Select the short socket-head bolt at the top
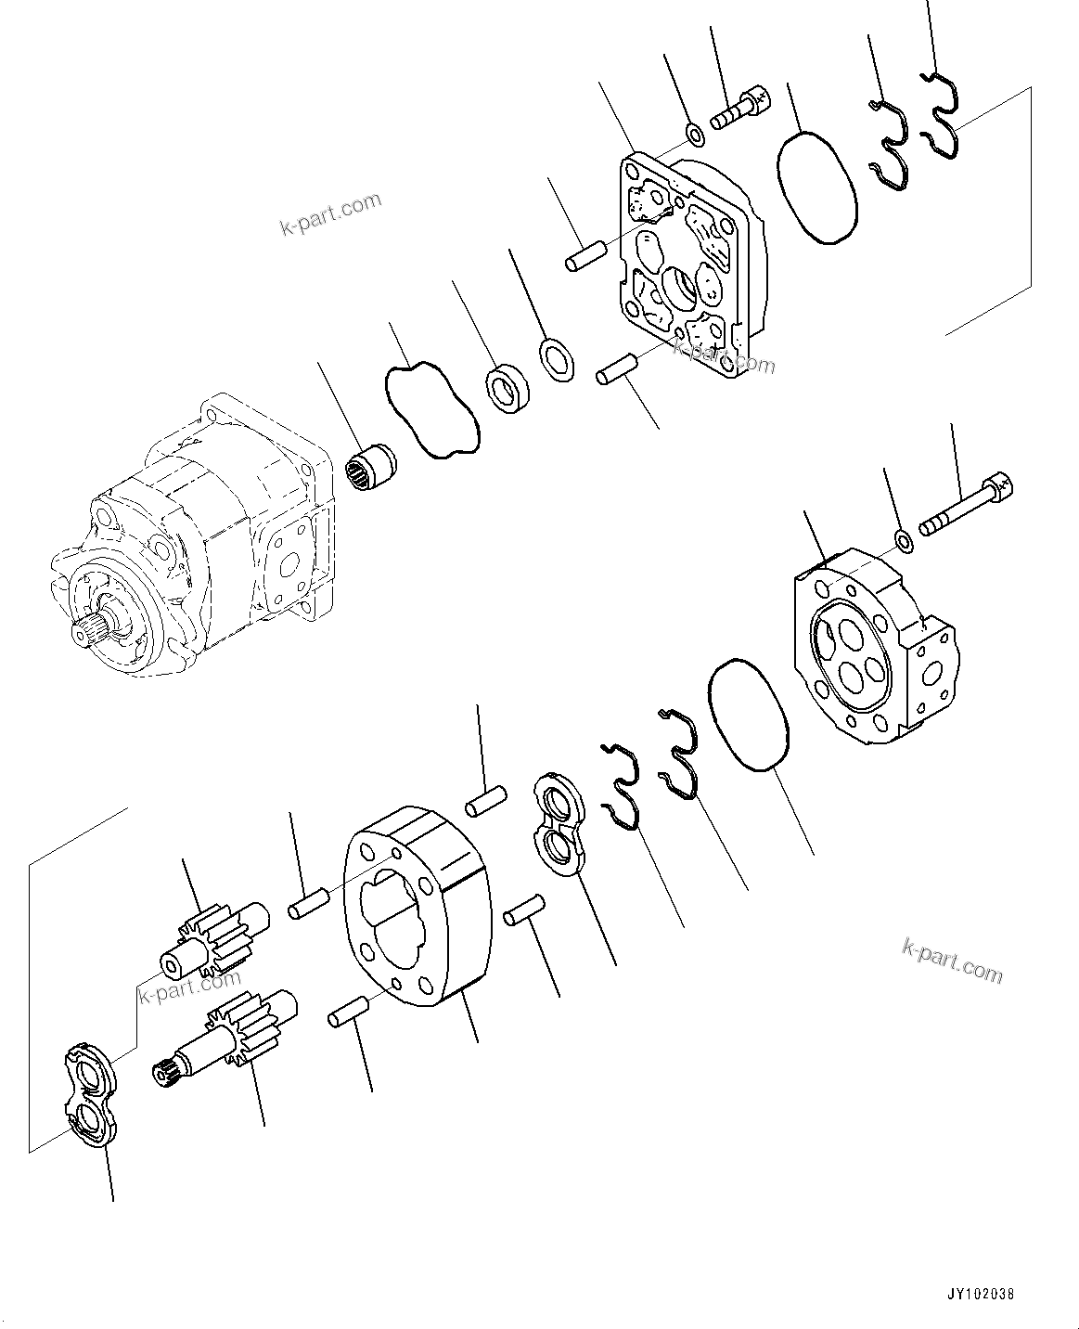pyautogui.click(x=740, y=109)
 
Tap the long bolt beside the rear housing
pyautogui.click(x=965, y=507)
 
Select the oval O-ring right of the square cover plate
pyautogui.click(x=816, y=187)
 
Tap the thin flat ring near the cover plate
pyautogui.click(x=557, y=359)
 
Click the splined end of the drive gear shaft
pyautogui.click(x=166, y=1075)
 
